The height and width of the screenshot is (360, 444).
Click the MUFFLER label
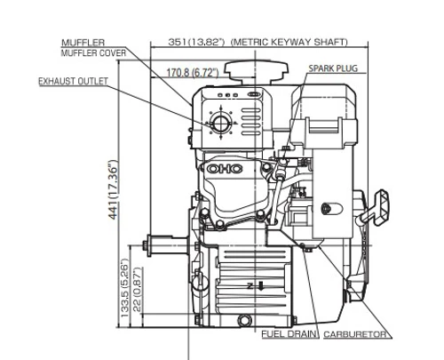(83, 43)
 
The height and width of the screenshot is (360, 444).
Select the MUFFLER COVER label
(93, 53)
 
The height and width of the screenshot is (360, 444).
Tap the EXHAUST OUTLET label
(74, 81)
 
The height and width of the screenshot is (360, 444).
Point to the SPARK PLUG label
(333, 68)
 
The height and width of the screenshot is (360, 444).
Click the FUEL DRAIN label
(289, 334)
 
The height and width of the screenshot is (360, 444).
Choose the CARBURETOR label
(355, 334)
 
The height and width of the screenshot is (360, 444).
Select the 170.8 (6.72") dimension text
(193, 72)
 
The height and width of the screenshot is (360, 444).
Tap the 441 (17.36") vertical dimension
(113, 190)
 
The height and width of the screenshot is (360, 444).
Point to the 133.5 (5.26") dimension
(125, 288)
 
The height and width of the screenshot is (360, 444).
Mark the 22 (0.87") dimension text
(138, 290)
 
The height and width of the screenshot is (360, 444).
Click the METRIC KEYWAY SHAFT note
(289, 42)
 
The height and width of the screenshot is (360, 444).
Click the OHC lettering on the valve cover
(225, 169)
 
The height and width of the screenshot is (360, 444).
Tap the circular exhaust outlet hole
(220, 123)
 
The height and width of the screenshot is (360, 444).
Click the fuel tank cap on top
(257, 72)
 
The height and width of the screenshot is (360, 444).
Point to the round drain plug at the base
(244, 320)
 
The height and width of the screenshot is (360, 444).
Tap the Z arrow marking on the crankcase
(255, 286)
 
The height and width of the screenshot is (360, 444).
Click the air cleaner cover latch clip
(324, 125)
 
